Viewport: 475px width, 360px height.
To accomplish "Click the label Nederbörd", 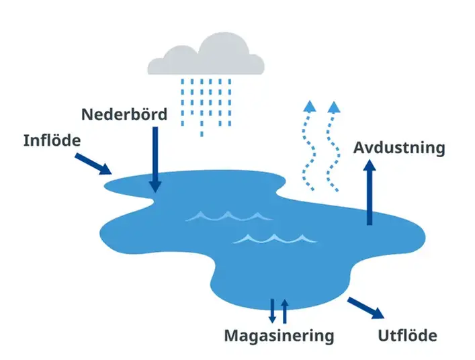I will [124, 114].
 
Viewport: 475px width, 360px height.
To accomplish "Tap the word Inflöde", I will [52, 140].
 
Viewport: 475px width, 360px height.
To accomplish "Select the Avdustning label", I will [400, 147].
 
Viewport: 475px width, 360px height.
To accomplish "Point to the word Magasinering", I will [279, 334].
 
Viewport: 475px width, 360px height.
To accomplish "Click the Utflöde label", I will [408, 334].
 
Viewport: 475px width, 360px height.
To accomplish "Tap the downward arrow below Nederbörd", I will [155, 158].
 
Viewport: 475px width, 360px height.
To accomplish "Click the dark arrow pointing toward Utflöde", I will [367, 308].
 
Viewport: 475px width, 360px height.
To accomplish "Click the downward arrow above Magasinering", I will [273, 311].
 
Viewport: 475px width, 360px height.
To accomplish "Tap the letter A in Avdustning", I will [360, 148].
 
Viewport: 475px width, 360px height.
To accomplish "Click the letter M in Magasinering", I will [232, 334].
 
